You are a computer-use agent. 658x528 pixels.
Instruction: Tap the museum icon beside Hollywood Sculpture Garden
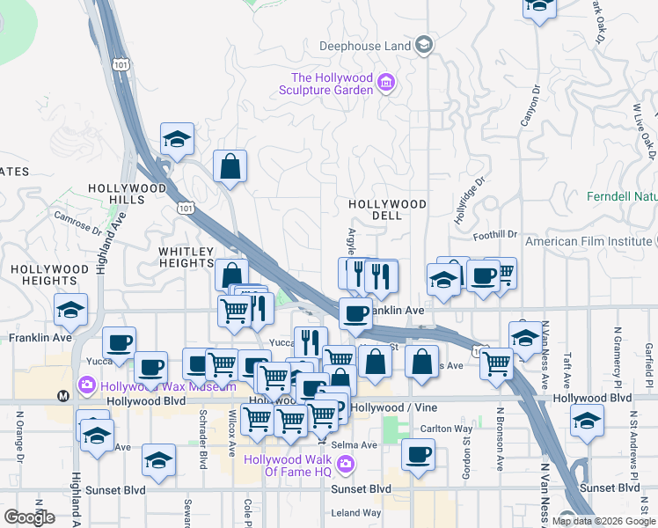pyautogui.click(x=385, y=84)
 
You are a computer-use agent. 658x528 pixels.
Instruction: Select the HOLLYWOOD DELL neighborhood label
pyautogui.click(x=387, y=204)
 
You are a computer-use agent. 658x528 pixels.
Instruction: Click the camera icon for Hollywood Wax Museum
pyautogui.click(x=86, y=385)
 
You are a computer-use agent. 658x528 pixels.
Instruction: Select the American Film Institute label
pyautogui.click(x=589, y=241)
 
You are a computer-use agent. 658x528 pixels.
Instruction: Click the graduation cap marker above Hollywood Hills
pyautogui.click(x=177, y=139)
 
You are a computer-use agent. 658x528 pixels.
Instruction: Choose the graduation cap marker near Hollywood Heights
pyautogui.click(x=70, y=310)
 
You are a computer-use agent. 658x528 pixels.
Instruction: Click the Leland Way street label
pyautogui.click(x=356, y=513)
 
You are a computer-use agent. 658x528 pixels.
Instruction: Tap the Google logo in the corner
pyautogui.click(x=29, y=517)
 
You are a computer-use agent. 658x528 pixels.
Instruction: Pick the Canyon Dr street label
pyautogui.click(x=531, y=105)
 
